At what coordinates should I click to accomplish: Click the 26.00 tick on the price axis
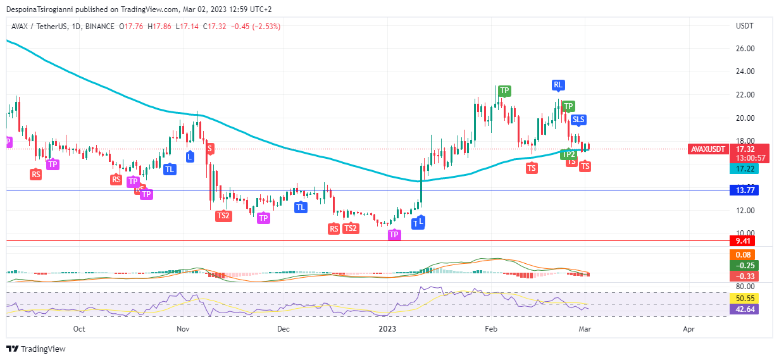(x=744, y=48)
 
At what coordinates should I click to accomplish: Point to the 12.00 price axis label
(x=744, y=210)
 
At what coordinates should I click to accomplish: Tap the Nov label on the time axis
(x=183, y=329)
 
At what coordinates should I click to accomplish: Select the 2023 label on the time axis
(x=387, y=329)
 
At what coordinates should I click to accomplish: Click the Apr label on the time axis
(x=689, y=329)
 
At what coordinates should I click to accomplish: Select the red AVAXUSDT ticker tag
(x=708, y=149)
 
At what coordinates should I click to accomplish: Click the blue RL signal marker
(x=558, y=85)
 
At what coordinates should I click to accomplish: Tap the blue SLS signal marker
(x=578, y=120)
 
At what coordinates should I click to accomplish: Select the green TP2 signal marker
(x=568, y=154)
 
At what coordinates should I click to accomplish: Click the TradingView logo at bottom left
(x=36, y=349)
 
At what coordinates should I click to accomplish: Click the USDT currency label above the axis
(x=744, y=26)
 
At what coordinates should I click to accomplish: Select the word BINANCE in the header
(x=100, y=27)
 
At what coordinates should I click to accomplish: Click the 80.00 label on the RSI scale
(x=744, y=287)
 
